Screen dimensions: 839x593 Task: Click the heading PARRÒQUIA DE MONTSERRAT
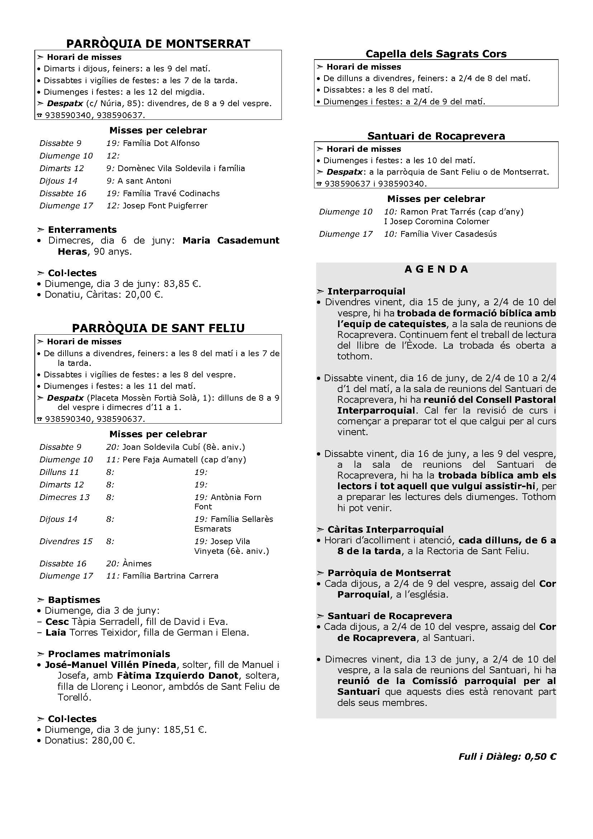tap(158, 44)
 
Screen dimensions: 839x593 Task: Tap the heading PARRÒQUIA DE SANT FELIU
tap(158, 328)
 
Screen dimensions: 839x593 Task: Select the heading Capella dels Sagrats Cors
tap(436, 54)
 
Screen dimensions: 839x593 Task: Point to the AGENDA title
tap(436, 269)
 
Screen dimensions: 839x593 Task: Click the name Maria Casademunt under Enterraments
tap(231, 240)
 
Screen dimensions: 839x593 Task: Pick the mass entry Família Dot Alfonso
tap(161, 143)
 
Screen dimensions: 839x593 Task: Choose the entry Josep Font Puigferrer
tap(165, 206)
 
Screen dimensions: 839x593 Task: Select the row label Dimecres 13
tap(65, 497)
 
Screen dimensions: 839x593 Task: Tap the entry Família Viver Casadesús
tap(449, 234)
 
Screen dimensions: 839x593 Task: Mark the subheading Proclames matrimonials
tap(109, 654)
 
